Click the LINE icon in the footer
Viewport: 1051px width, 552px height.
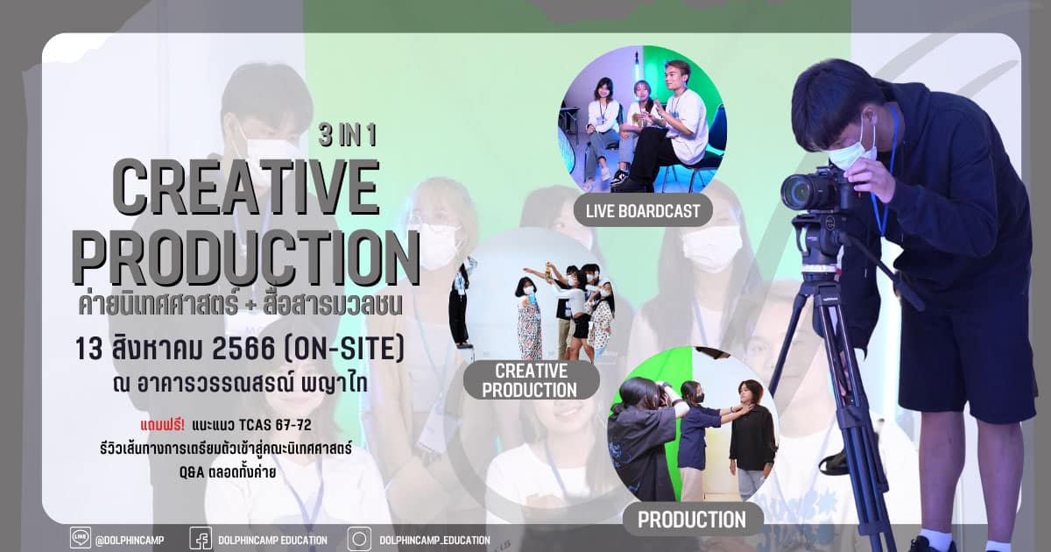[81, 538]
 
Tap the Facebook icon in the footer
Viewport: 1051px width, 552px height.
[201, 538]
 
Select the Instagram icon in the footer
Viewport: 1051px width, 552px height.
[359, 538]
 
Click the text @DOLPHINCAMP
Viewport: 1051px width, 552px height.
[130, 541]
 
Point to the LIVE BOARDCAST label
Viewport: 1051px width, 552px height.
[643, 211]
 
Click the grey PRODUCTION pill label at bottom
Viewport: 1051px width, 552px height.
[692, 520]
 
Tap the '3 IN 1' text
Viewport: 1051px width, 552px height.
[347, 136]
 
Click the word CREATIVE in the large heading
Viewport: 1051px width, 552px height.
[246, 188]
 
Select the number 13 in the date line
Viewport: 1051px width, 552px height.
[88, 349]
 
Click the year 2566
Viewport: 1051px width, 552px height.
[243, 349]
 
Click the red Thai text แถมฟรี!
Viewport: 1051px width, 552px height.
[162, 425]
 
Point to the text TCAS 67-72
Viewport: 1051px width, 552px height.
[275, 425]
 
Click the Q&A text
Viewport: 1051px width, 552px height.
[192, 472]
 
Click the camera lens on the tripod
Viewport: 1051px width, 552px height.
[798, 193]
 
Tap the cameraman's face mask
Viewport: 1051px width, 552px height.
[852, 150]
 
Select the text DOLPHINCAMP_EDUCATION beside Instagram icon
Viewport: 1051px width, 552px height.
[435, 541]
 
